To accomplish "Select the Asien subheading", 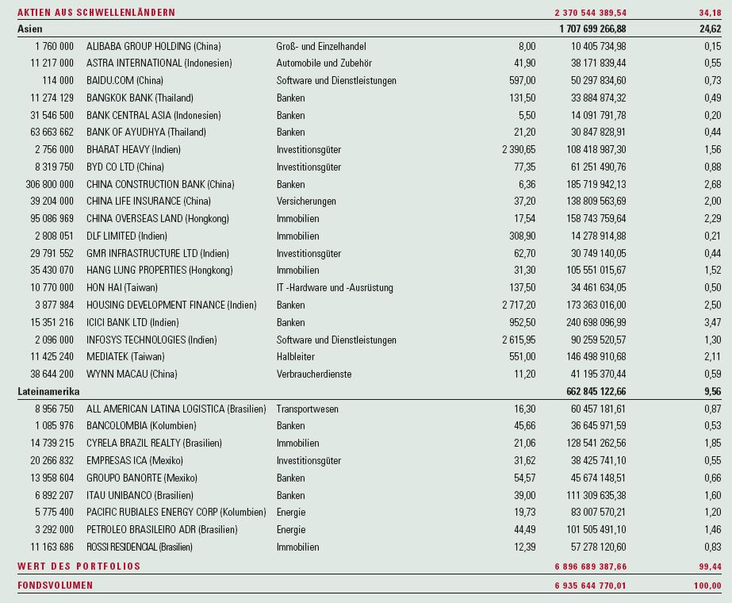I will (30, 29).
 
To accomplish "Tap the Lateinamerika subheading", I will (49, 391).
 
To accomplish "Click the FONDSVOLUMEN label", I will (55, 586).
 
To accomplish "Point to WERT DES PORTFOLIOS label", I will (79, 567).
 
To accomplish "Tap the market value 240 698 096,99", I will (588, 323).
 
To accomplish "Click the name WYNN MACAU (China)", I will (132, 374).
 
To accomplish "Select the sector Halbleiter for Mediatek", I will (295, 357).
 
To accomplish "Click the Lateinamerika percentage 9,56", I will (711, 391).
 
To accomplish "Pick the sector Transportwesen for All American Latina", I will (307, 409).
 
